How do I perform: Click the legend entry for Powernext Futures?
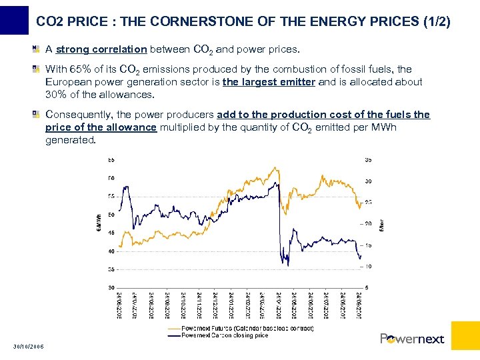coord(238,329)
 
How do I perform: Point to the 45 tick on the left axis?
coord(111,233)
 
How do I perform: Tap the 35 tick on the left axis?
coord(111,269)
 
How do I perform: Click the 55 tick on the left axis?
coord(111,196)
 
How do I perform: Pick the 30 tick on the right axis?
coord(368,181)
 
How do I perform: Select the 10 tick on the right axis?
coord(368,267)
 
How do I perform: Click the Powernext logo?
coord(412,339)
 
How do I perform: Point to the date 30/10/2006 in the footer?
coord(29,346)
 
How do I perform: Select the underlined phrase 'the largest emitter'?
coord(269,82)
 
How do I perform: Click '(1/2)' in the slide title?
coord(437,22)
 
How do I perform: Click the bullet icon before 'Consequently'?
coord(38,115)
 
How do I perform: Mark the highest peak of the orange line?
coord(269,167)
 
